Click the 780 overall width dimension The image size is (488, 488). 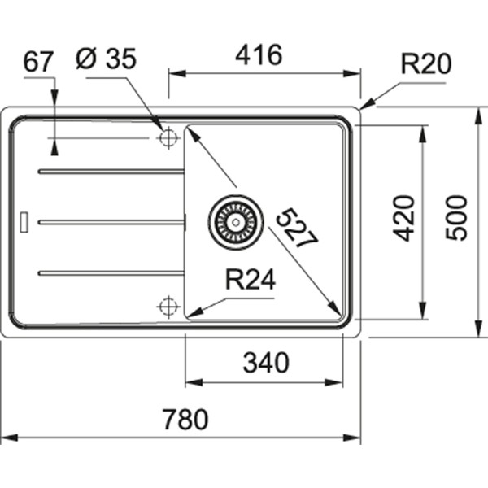pos(185,420)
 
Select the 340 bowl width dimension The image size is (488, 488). pos(266,363)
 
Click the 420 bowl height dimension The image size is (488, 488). pos(404,217)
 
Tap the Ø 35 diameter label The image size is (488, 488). pos(106,59)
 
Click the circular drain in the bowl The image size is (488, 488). pos(236,221)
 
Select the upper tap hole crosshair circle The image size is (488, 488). pos(168,138)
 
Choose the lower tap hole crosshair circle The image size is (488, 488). pos(168,307)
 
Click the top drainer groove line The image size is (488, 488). pos(111,172)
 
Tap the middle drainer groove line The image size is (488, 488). pos(111,221)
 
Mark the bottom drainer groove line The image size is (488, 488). pos(111,272)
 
